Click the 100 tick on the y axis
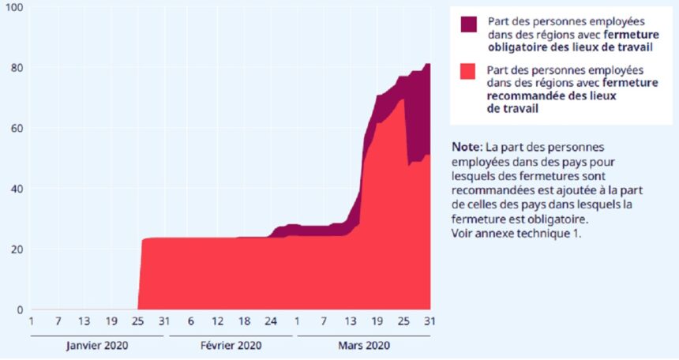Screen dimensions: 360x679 coord(13,7)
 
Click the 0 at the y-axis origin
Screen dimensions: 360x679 coord(20,309)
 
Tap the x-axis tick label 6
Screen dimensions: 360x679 coord(191,321)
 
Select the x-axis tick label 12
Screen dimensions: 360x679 coord(218,321)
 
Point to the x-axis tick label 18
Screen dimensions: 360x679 coord(245,321)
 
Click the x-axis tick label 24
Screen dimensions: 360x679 coord(272,321)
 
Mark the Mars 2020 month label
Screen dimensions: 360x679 coord(363,346)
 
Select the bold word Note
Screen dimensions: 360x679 coord(467,147)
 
